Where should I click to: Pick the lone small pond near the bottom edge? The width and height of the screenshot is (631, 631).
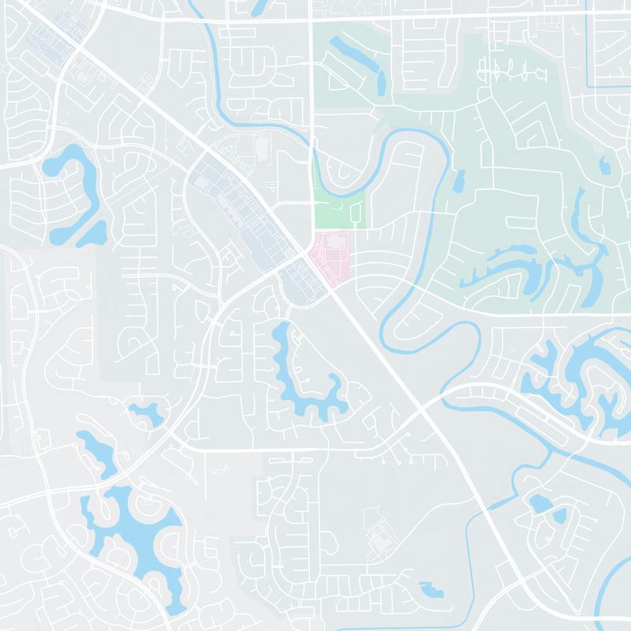[432, 589]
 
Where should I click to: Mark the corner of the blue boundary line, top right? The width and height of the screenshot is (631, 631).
[589, 85]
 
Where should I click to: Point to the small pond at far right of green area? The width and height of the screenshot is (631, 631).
[605, 166]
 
